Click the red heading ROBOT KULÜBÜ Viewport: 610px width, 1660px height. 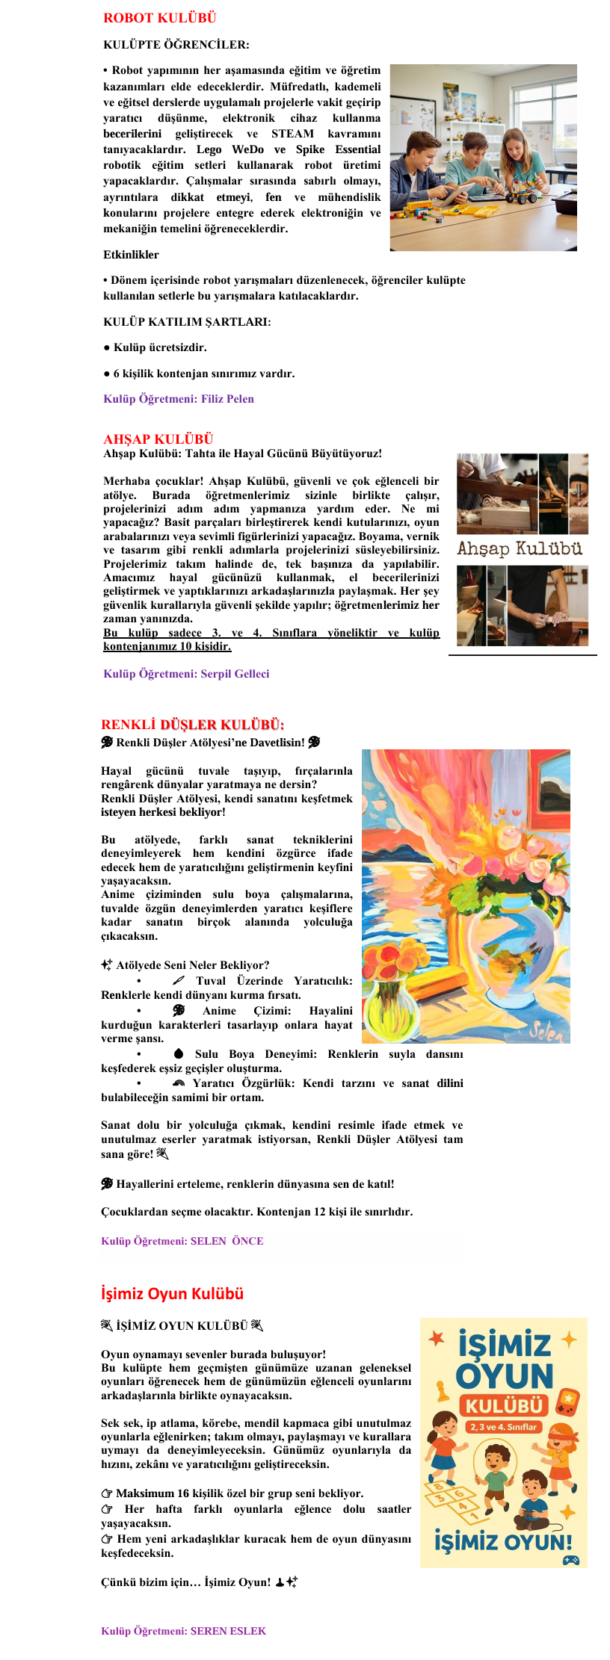159,18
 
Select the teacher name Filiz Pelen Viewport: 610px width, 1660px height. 227,399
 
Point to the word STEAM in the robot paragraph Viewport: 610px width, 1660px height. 292,134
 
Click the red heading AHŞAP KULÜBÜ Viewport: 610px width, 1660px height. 158,439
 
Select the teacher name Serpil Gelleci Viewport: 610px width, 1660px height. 235,674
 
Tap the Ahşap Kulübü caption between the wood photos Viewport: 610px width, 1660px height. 520,549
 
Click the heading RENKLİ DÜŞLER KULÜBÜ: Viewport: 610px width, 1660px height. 193,725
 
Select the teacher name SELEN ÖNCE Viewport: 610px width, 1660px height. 227,1241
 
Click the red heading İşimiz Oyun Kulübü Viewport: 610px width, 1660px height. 173,1294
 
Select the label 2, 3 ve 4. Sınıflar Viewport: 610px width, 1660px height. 503,1427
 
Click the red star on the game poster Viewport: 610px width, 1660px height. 436,1338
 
